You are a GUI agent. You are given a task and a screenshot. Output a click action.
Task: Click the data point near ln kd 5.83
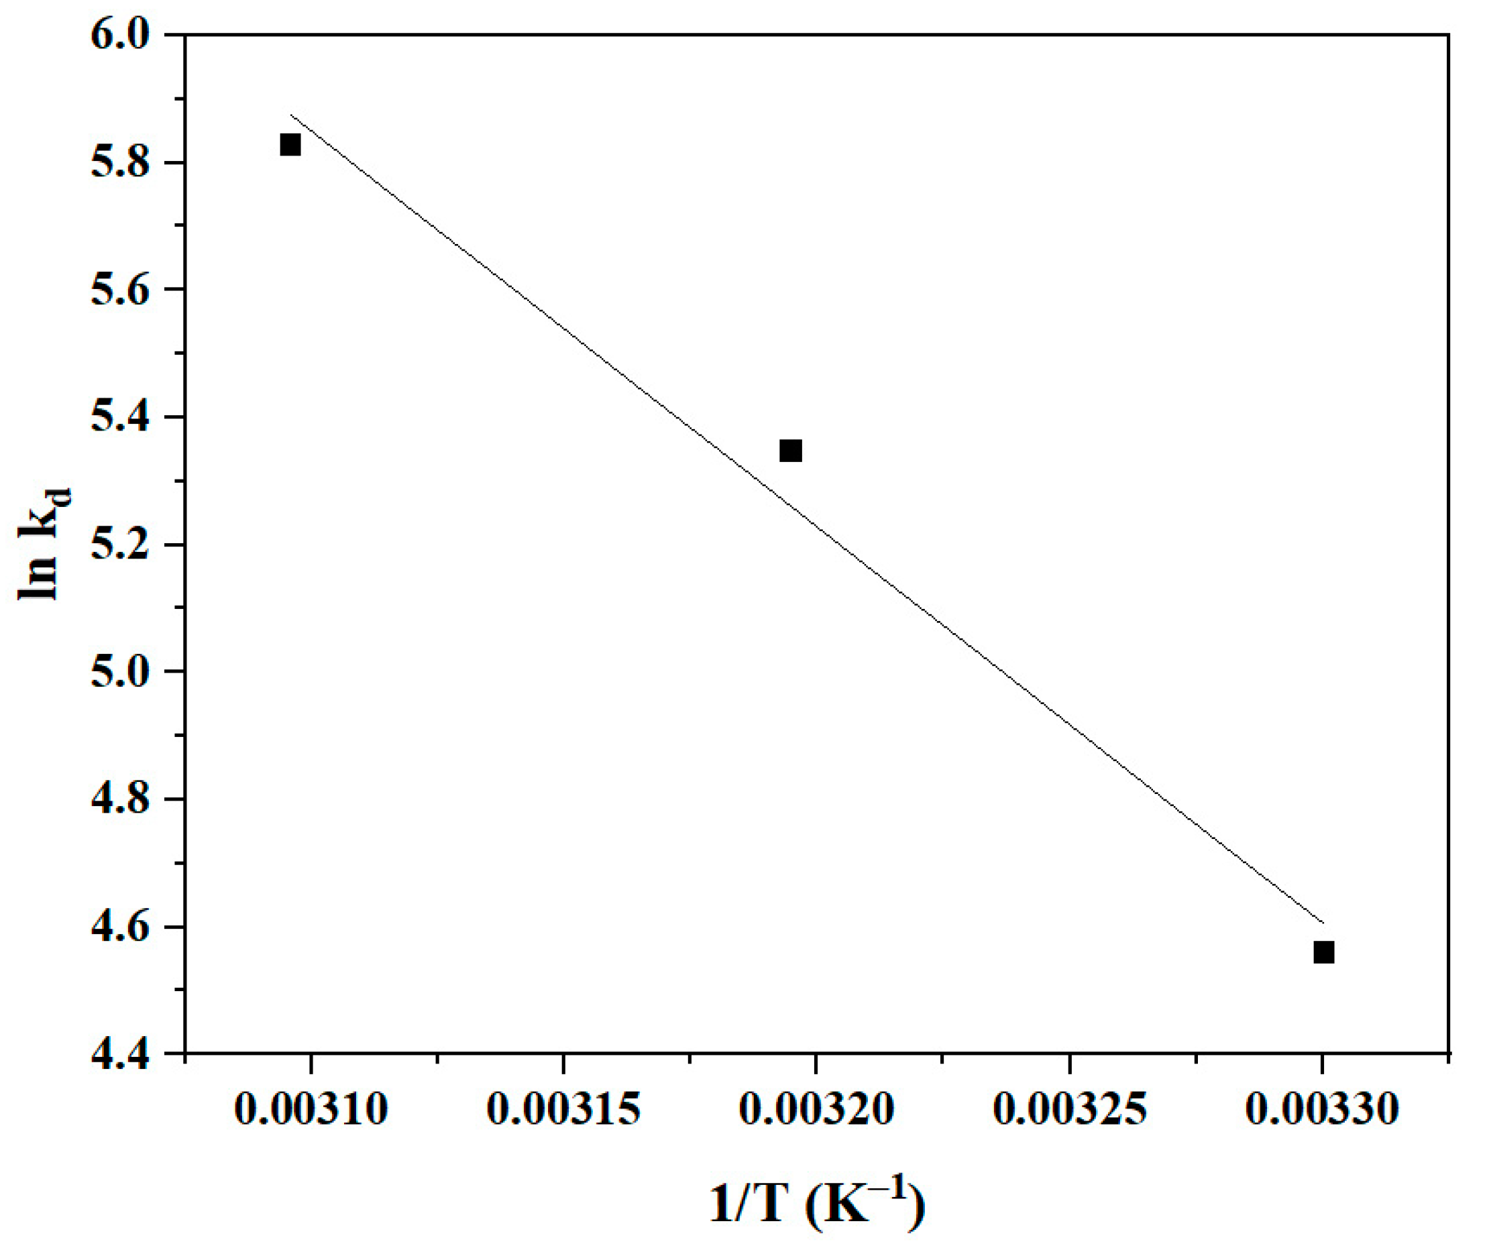click(x=290, y=146)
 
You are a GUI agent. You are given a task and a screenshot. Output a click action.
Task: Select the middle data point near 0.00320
click(x=790, y=451)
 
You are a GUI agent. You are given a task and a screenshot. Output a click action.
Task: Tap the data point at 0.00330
click(x=1323, y=952)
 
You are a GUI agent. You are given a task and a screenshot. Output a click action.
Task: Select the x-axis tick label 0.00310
click(x=311, y=1109)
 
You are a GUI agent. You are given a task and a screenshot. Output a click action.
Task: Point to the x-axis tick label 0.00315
click(x=563, y=1109)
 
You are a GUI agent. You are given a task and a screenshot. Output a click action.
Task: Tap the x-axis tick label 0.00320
click(x=816, y=1109)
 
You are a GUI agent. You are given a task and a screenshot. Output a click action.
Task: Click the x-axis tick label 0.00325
click(x=1070, y=1109)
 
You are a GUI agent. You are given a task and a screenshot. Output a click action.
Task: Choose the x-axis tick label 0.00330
click(x=1323, y=1109)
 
